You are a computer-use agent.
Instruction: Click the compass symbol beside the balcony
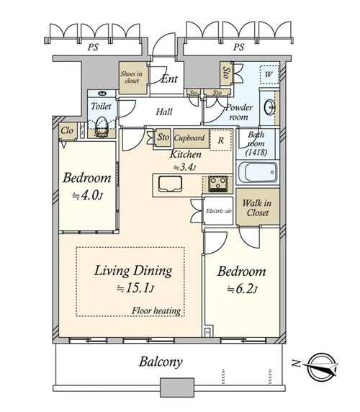tap(321, 367)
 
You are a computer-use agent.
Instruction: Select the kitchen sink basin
tap(170, 184)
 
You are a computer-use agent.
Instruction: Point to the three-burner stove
tap(217, 184)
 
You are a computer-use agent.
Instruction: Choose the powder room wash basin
tap(270, 107)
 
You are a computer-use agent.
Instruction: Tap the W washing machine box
tap(269, 74)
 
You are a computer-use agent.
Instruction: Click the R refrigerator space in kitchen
tap(221, 140)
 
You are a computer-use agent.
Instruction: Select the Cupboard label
tap(189, 138)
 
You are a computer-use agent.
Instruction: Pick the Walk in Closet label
tap(257, 207)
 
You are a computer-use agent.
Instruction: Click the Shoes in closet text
tap(132, 77)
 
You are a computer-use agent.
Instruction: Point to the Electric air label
tap(218, 211)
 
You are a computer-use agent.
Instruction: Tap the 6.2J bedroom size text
tap(243, 289)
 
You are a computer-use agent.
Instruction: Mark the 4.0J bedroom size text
tap(87, 195)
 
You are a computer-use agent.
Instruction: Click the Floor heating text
tap(156, 311)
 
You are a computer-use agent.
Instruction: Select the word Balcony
tap(161, 362)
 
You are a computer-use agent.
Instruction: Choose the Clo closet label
tap(67, 130)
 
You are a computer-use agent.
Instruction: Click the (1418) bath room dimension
tap(256, 152)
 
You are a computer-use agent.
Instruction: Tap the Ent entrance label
tap(169, 79)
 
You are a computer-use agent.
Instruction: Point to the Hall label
tap(164, 112)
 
